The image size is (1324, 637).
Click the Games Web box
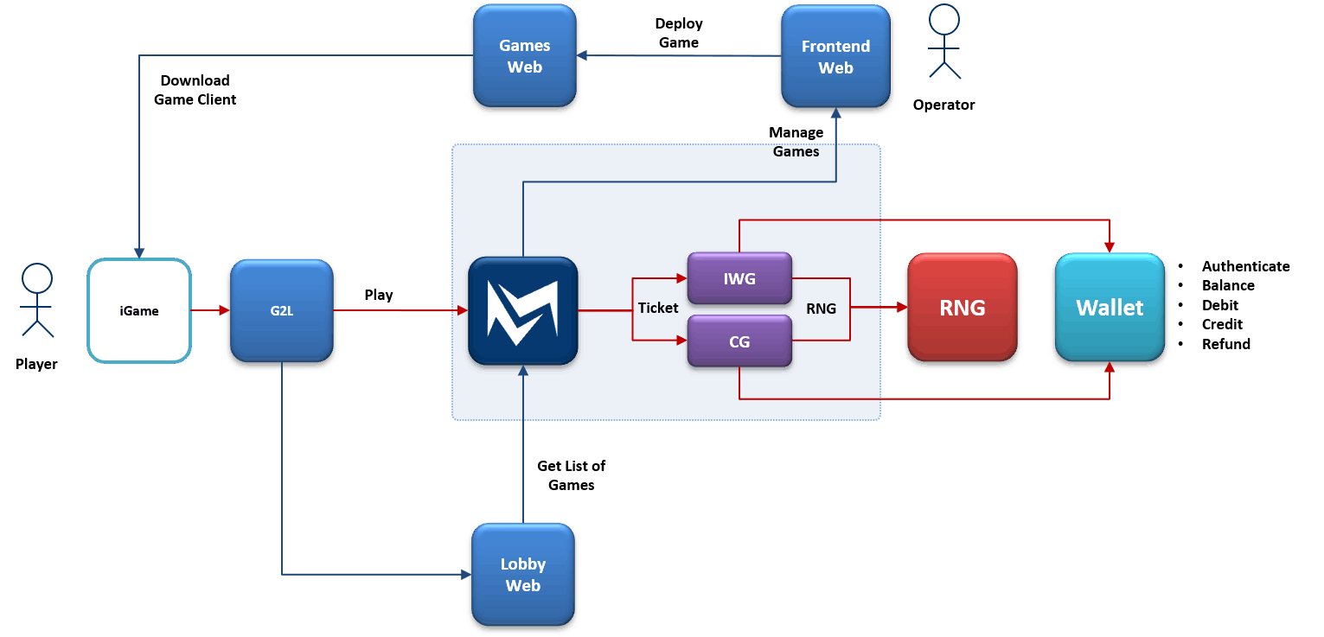pos(524,56)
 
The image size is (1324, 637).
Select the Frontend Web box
pos(835,56)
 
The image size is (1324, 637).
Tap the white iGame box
pos(139,310)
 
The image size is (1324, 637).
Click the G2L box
pos(282,310)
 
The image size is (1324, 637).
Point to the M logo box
pos(522,312)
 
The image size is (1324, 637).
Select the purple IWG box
pos(739,278)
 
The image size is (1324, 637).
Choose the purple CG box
pos(739,342)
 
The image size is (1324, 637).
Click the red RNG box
pos(962,308)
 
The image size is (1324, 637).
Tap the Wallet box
pos(1110,308)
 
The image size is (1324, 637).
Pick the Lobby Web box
pos(523,575)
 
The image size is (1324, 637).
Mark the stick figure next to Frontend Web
pos(944,41)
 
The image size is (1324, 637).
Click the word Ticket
pos(658,308)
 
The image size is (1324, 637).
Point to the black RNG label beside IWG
pos(821,308)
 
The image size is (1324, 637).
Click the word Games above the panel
pos(796,151)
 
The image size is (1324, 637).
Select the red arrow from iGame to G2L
pos(210,309)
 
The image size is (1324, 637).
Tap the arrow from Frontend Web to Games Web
pos(679,56)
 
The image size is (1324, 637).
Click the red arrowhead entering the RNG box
pos(899,307)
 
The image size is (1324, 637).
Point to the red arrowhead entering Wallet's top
pos(1110,246)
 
